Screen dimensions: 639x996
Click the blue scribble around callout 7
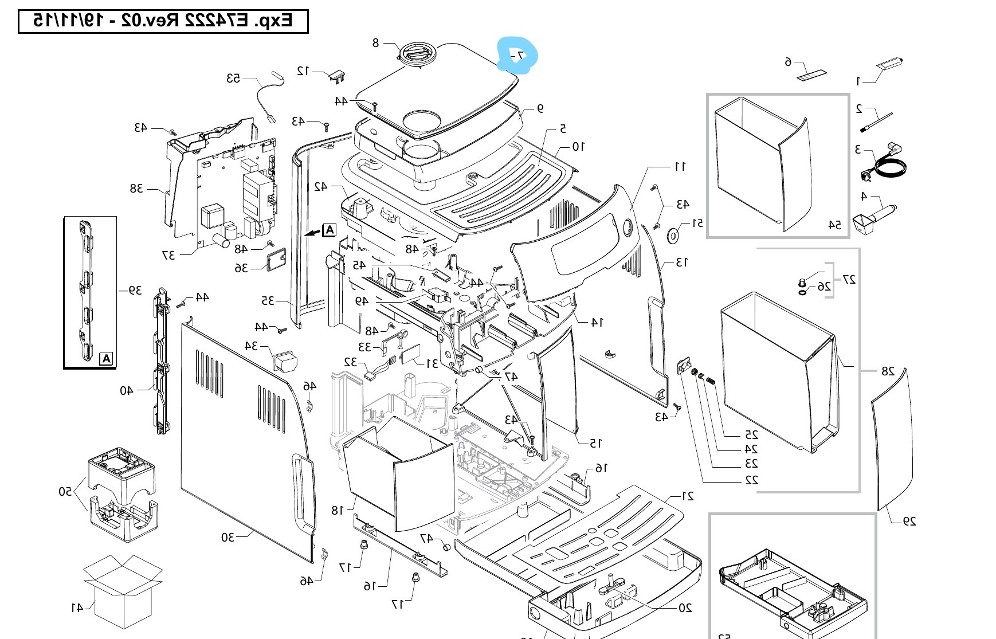tap(518, 55)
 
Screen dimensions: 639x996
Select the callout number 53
tap(233, 78)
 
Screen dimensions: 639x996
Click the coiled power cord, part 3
tap(886, 164)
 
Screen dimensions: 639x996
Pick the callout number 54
tap(834, 225)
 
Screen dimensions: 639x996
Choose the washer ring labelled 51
tap(673, 235)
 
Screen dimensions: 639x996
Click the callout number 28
tap(887, 371)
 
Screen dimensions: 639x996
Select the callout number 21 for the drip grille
tap(687, 496)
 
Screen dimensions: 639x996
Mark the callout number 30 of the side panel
tap(228, 537)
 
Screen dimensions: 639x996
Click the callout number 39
tap(135, 291)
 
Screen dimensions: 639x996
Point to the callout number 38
tap(136, 188)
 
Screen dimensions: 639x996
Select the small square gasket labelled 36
tap(276, 261)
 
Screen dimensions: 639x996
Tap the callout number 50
tap(65, 491)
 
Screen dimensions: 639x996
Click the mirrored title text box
tap(163, 21)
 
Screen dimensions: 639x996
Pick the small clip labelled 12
tap(338, 74)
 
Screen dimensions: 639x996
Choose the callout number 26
tap(824, 286)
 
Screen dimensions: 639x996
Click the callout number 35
tap(268, 300)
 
